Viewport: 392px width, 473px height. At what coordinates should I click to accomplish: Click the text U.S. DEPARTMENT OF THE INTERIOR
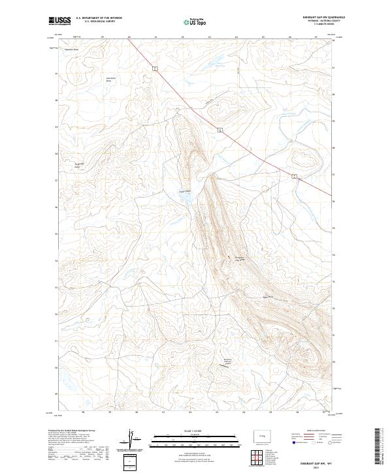point(99,18)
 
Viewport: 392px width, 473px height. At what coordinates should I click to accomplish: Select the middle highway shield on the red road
point(221,130)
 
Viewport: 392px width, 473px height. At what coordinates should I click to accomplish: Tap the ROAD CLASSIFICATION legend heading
point(314,431)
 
